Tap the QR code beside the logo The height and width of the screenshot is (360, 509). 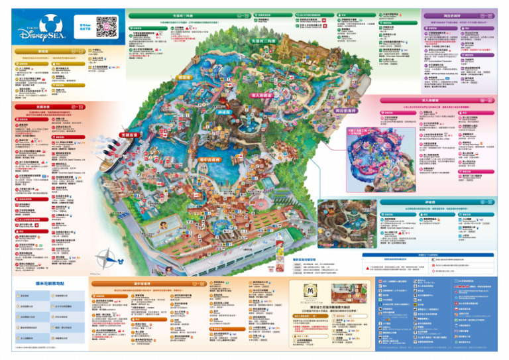[x=106, y=26]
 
